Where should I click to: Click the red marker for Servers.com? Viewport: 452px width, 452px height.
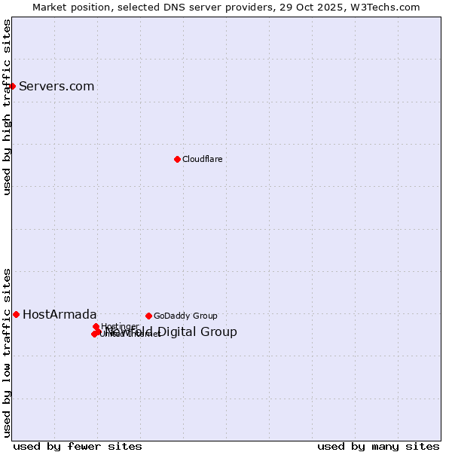pos(12,86)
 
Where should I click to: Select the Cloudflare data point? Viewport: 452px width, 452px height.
pos(177,159)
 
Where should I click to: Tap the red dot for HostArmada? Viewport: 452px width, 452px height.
pos(16,314)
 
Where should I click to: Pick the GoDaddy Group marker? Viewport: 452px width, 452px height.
pos(148,316)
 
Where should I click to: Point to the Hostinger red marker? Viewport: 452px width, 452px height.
pos(96,326)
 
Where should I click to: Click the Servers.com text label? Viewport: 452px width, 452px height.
pos(56,86)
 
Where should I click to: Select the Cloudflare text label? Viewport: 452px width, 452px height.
pos(202,159)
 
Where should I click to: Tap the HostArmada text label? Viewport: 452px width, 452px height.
pos(60,314)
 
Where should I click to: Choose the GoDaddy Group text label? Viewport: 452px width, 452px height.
pos(185,316)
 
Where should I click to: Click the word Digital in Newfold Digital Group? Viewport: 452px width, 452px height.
pos(179,332)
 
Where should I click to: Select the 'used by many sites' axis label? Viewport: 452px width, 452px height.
pos(378,447)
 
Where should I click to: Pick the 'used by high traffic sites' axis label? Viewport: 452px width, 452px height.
pos(7,107)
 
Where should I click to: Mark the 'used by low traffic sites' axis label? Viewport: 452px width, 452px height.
pos(7,352)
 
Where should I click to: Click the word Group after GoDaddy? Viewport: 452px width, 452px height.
pos(205,316)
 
